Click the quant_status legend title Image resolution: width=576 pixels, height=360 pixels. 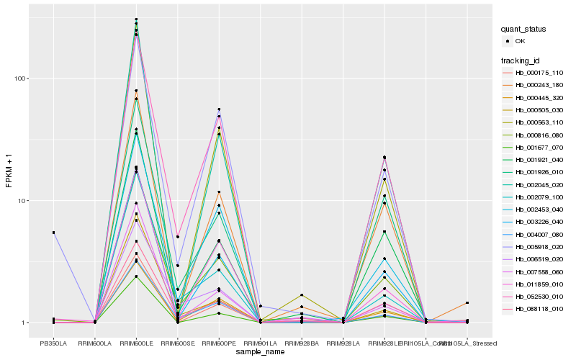[523, 29]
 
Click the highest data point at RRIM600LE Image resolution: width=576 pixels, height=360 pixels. [136, 19]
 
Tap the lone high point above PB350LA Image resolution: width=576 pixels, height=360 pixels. [53, 233]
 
